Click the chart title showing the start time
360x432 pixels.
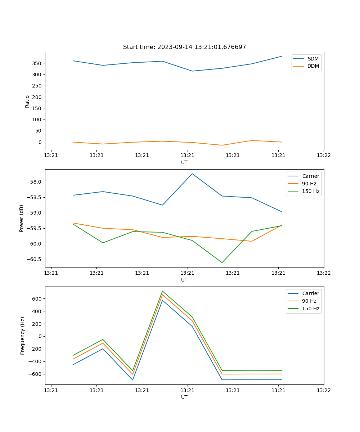coord(184,47)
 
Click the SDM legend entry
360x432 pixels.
coord(313,59)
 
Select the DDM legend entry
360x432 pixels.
coord(313,66)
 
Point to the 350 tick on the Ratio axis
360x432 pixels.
coord(37,63)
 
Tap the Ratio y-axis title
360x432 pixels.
coord(27,101)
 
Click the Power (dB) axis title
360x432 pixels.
coord(22,218)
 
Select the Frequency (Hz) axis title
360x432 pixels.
coord(23,336)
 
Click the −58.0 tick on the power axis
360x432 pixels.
coord(34,182)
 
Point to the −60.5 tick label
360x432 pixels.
coord(34,259)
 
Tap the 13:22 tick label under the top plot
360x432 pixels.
coord(323,156)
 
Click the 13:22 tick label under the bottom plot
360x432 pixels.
coord(323,390)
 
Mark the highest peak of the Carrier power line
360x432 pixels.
coord(192,174)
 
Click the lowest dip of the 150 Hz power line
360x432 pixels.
coord(222,262)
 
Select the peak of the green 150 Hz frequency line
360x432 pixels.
coord(162,291)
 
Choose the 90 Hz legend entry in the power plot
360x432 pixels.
coord(309,184)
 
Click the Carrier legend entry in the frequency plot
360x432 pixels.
coord(310,293)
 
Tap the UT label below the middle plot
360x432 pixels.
coord(184,280)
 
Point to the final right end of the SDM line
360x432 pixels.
coord(282,56)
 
